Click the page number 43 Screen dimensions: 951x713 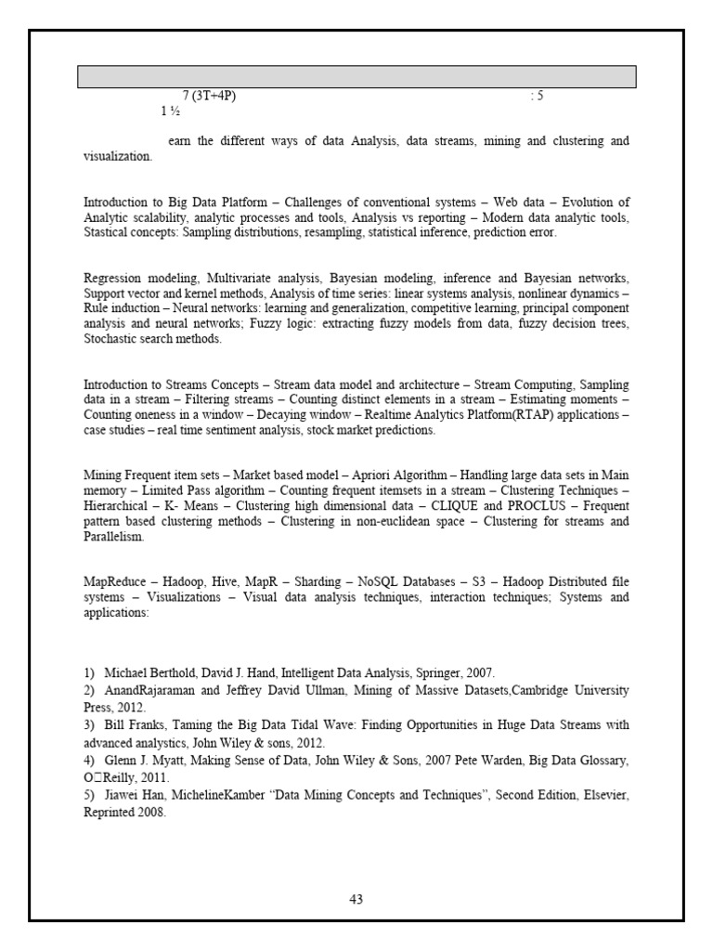coord(356,898)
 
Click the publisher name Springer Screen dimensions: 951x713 coord(433,671)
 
